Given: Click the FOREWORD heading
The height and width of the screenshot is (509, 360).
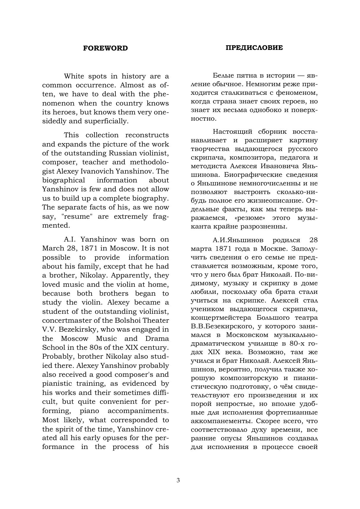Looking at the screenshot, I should [105, 48].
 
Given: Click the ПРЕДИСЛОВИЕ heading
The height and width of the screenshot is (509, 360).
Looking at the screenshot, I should [254, 48].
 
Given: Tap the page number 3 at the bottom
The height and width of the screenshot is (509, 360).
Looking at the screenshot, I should [178, 480].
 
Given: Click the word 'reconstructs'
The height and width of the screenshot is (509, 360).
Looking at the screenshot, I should [147, 135].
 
